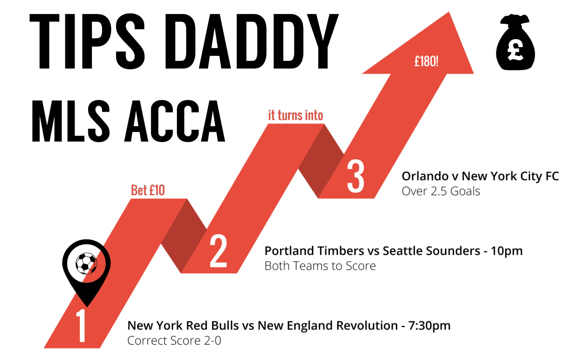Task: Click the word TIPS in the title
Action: click(x=87, y=41)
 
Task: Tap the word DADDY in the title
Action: click(x=252, y=41)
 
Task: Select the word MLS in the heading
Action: click(x=71, y=121)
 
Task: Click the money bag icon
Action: click(x=515, y=42)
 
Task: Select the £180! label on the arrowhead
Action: click(x=426, y=62)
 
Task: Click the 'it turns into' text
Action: click(x=296, y=115)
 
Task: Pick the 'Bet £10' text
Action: click(x=148, y=190)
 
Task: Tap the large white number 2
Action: click(x=218, y=251)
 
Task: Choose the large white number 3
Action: click(x=355, y=176)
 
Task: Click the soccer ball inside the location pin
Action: click(x=86, y=263)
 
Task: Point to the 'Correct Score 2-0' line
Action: click(x=174, y=341)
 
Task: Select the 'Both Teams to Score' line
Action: click(x=320, y=266)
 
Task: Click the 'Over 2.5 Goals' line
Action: click(x=441, y=191)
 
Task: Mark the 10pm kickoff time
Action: click(x=507, y=251)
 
